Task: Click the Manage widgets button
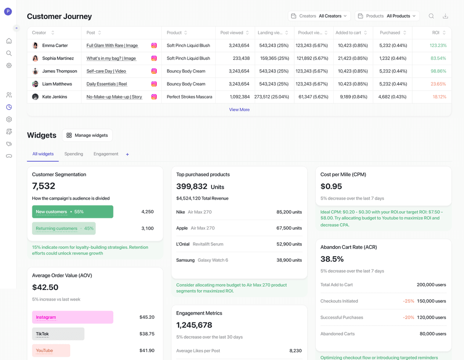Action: [x=87, y=135]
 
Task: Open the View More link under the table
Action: [x=239, y=110]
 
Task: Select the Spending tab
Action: [x=74, y=154]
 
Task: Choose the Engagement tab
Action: [x=106, y=154]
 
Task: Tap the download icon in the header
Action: [x=445, y=16]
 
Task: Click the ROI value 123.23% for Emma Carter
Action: [x=438, y=46]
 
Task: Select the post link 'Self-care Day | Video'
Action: [x=106, y=71]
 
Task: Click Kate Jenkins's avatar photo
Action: [x=35, y=97]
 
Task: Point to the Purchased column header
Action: [x=390, y=33]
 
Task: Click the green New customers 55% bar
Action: [x=72, y=212]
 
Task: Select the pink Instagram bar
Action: [x=72, y=317]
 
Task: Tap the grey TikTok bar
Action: [x=58, y=334]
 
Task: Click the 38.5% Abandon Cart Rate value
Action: [x=332, y=259]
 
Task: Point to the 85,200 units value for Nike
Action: [x=289, y=212]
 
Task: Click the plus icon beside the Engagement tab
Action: [x=127, y=154]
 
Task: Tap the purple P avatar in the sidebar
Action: [x=8, y=11]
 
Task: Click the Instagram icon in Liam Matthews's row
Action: [x=154, y=84]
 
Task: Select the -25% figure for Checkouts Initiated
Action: [x=408, y=301]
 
